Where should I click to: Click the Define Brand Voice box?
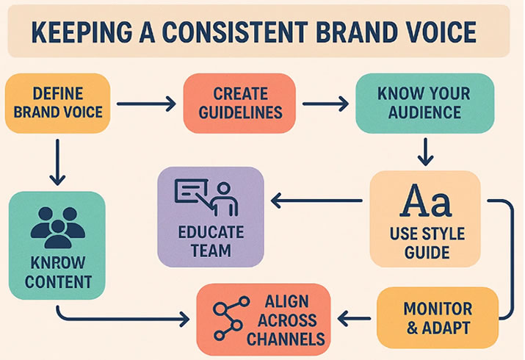coord(57,103)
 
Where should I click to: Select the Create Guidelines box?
coord(239,103)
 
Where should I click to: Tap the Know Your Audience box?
coord(424,103)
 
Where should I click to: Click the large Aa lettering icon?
coord(426,201)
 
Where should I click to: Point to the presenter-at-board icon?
coord(206,198)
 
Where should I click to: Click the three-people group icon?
coord(57,228)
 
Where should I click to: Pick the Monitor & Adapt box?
coord(438,318)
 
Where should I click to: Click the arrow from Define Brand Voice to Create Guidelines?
coord(146,104)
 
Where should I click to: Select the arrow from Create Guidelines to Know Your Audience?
coord(325,104)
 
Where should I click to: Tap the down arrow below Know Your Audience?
coord(426,152)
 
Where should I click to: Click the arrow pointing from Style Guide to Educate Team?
coord(316,201)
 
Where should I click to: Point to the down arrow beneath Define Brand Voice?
coord(57,162)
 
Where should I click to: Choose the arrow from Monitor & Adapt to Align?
coord(354,318)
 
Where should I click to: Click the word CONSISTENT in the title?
coord(235,32)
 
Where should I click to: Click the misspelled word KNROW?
coord(58,263)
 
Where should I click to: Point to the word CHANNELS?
coord(286,339)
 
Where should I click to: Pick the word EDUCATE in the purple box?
coord(211,232)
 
